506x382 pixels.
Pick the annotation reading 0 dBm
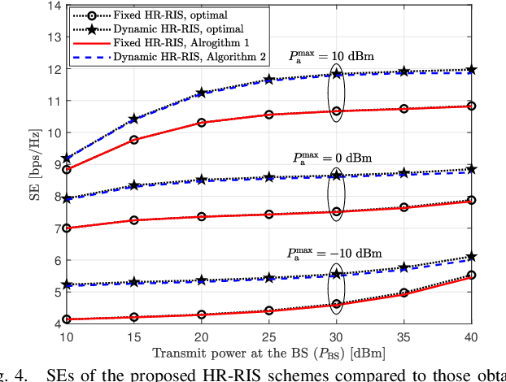(333, 157)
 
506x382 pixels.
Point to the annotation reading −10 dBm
(334, 252)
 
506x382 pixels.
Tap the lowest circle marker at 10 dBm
(66, 319)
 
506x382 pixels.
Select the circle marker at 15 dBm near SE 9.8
(111, 140)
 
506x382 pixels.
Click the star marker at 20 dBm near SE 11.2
(156, 93)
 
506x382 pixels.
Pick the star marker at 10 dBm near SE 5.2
(66, 284)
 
